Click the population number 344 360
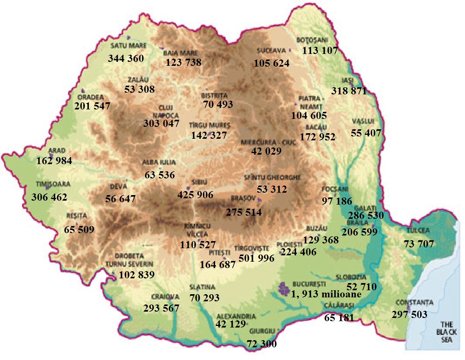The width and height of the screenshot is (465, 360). tap(126, 59)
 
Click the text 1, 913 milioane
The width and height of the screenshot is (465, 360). tap(326, 294)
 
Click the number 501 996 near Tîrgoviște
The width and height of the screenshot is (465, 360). tap(256, 258)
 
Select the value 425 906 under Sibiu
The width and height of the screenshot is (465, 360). tap(195, 195)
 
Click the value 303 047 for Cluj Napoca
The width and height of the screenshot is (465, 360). tap(161, 123)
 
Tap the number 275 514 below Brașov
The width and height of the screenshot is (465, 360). tap(244, 212)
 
